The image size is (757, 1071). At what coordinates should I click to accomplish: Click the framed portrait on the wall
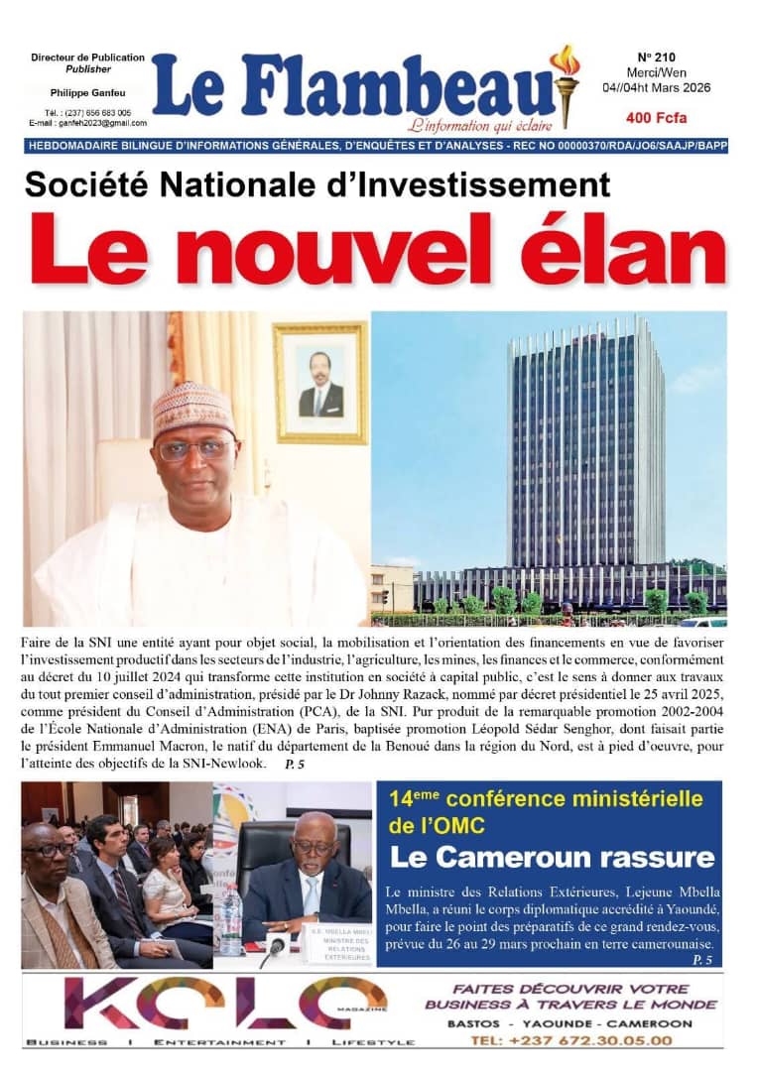pyautogui.click(x=318, y=383)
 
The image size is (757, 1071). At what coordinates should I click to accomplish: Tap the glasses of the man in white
pyautogui.click(x=195, y=449)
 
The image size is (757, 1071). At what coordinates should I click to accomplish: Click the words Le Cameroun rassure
pyautogui.click(x=552, y=856)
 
